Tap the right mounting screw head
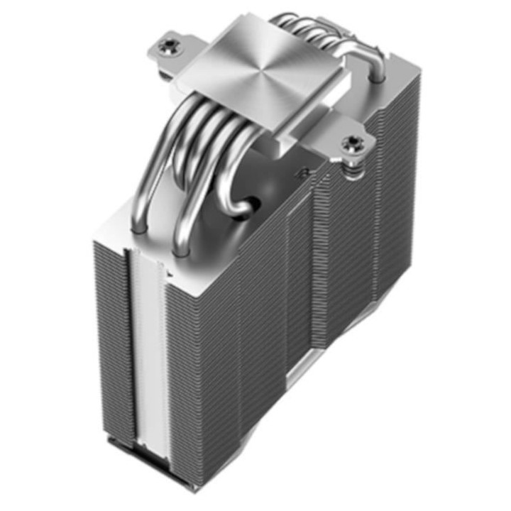click(x=351, y=144)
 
